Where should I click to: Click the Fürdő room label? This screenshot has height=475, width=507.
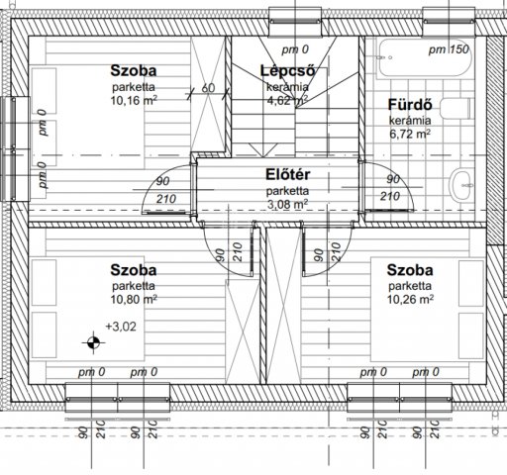click(410, 105)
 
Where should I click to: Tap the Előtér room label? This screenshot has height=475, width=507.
click(288, 174)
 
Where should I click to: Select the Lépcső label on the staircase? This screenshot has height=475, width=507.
click(287, 70)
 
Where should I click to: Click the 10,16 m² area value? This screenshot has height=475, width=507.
click(134, 100)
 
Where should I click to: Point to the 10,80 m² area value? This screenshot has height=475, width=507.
click(134, 299)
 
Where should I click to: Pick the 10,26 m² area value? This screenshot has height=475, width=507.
click(410, 299)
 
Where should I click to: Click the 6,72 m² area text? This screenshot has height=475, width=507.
click(410, 134)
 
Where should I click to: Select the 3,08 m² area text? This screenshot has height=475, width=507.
click(287, 205)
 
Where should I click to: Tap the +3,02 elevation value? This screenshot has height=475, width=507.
click(121, 327)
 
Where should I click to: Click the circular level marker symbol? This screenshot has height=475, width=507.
click(93, 342)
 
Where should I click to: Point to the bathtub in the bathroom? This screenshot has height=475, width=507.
click(425, 58)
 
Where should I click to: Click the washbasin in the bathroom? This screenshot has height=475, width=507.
click(461, 185)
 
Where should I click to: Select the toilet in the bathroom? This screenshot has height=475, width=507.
click(456, 109)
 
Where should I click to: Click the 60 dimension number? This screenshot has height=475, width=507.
click(208, 88)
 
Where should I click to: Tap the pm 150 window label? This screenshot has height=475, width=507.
click(449, 49)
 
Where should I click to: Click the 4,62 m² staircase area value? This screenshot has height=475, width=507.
click(287, 100)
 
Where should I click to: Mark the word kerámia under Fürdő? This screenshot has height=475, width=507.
click(410, 121)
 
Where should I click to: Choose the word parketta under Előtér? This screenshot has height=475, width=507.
click(287, 191)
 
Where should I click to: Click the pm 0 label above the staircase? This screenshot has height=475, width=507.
click(295, 49)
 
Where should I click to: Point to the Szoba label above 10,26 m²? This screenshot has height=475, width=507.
click(410, 270)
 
